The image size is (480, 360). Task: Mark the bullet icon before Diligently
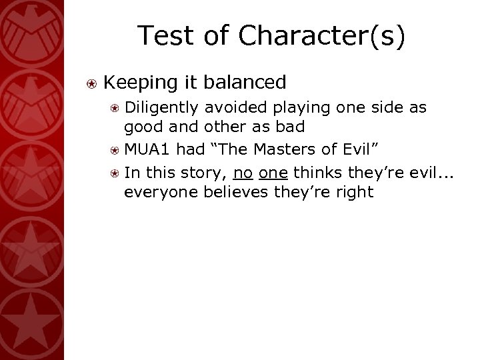point(115,108)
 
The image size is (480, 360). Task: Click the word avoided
point(234,107)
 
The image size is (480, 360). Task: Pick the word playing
point(298,108)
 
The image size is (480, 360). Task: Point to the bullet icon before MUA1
point(115,151)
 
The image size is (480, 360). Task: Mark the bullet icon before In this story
point(115,173)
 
